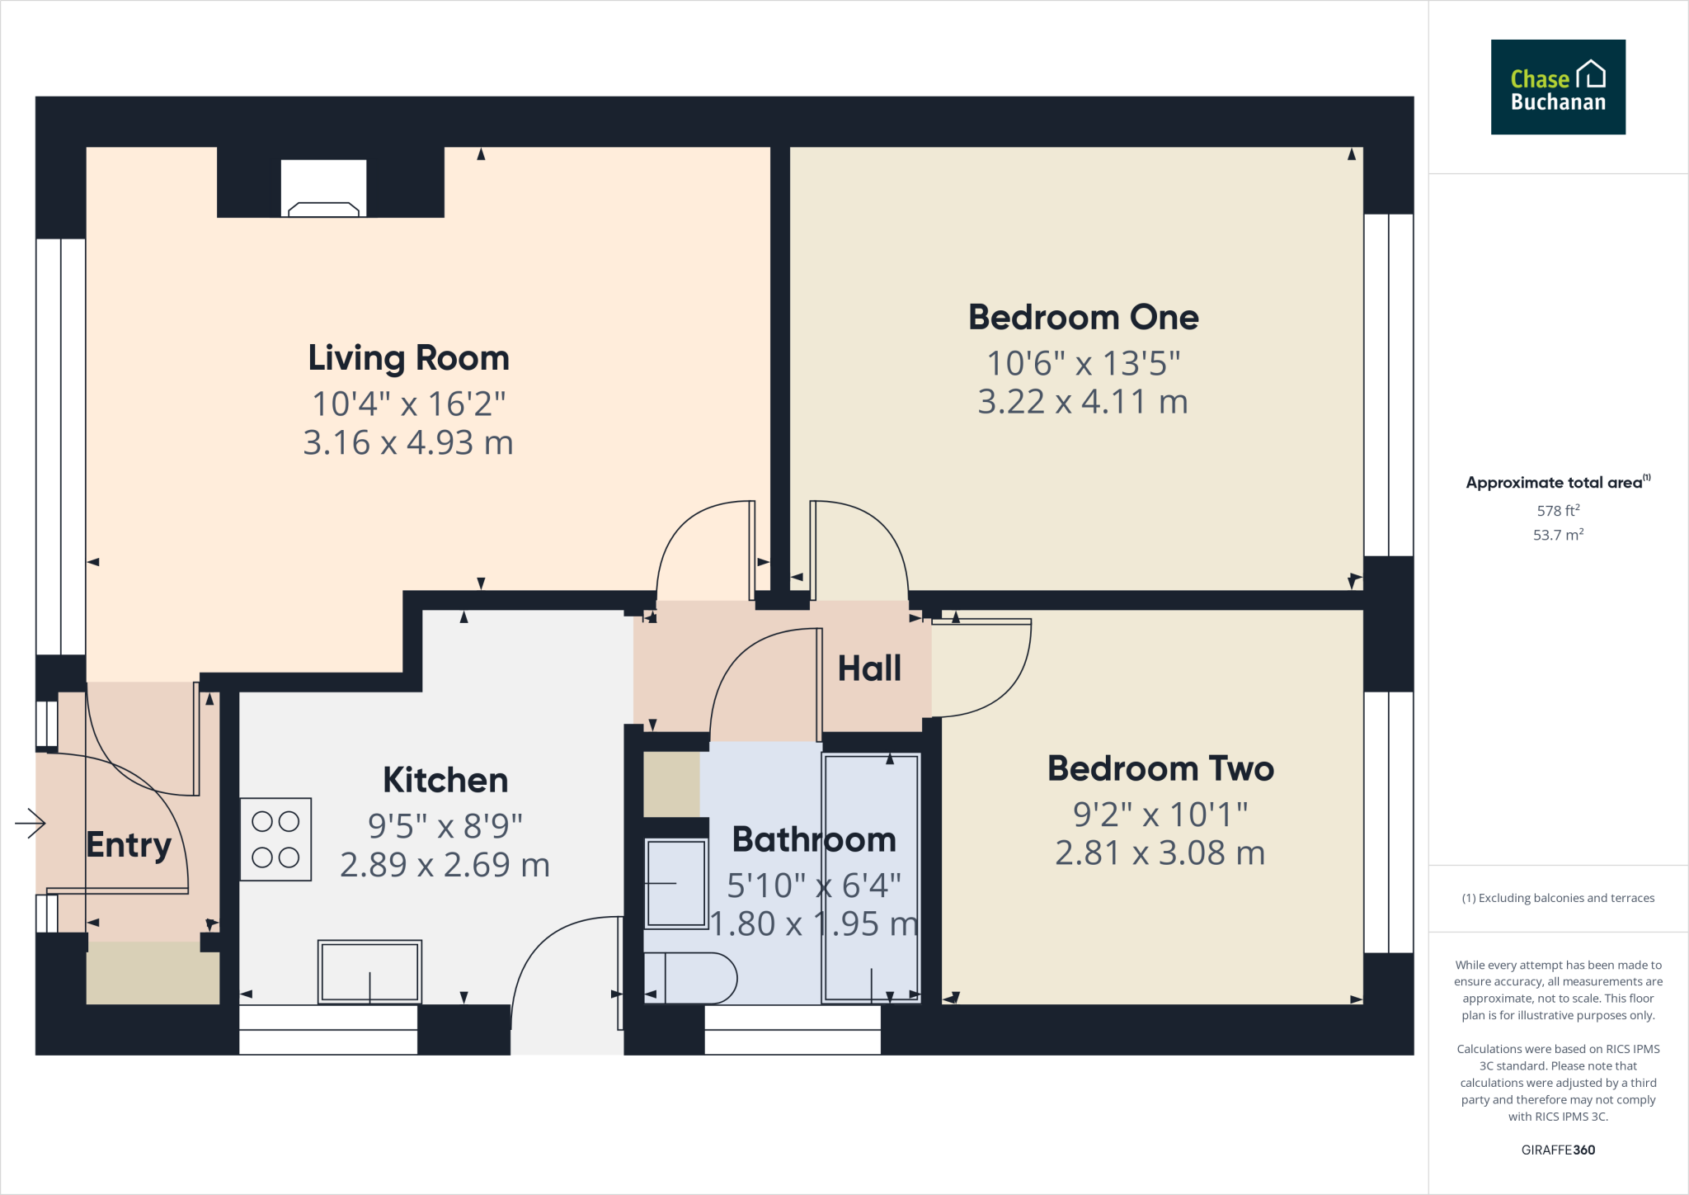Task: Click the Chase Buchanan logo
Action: pos(1557,87)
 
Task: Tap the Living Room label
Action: pos(408,358)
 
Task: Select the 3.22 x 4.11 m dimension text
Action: pos(1082,402)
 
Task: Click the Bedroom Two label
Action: pos(1160,768)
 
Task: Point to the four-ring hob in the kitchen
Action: pos(275,839)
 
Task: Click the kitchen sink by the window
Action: pos(369,971)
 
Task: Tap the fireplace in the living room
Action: pos(323,190)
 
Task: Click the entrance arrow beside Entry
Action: pos(31,822)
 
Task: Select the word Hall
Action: pos(869,668)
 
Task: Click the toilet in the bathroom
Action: pos(691,978)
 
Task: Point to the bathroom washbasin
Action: pos(675,883)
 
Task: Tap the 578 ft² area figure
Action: pos(1557,511)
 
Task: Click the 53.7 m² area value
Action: pos(1557,535)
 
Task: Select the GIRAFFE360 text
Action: pos(1557,1150)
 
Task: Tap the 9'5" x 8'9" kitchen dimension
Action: pos(445,825)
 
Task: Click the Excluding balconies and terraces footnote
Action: pos(1557,898)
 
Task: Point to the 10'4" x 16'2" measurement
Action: pos(408,404)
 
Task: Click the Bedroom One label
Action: pos(1083,318)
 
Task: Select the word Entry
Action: pos(129,845)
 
